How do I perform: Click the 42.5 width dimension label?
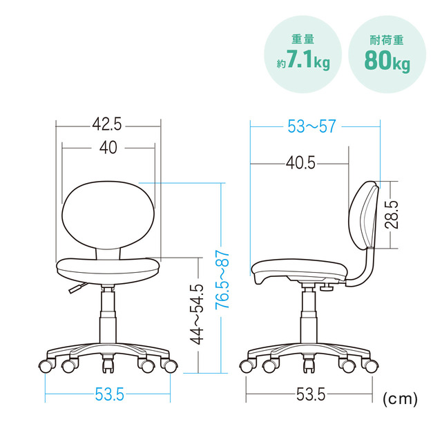coord(107,124)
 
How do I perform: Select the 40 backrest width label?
coord(108,147)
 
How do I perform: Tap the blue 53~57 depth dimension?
coord(311,126)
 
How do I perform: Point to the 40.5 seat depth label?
coord(300,163)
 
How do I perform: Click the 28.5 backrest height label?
coord(392,215)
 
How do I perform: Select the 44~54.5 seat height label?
coord(196,314)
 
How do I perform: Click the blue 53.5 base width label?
coord(109,394)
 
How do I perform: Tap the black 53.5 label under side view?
coord(311,394)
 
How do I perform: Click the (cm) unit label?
coord(400,398)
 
